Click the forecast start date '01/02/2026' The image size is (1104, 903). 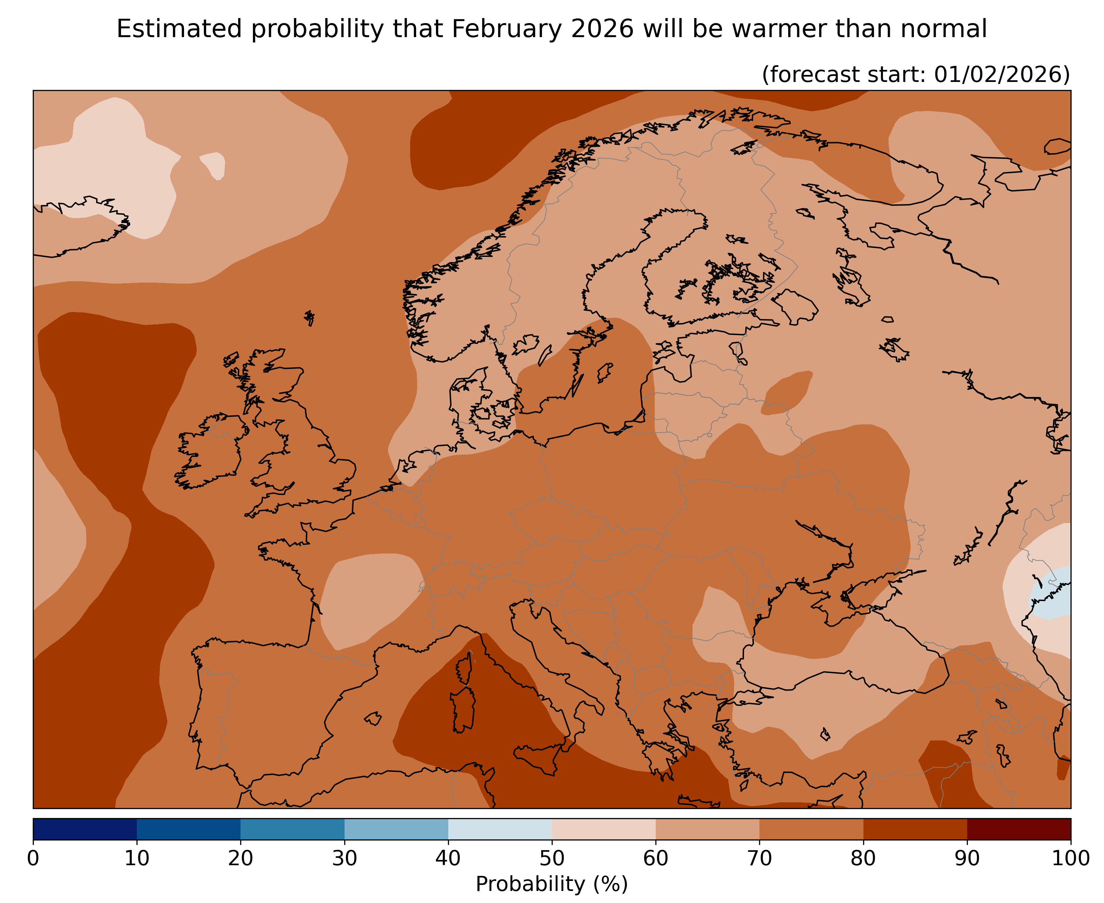pyautogui.click(x=1002, y=74)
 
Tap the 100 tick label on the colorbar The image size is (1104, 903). pyautogui.click(x=1070, y=858)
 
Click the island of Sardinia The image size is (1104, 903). pyautogui.click(x=463, y=709)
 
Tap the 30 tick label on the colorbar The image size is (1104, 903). pyautogui.click(x=345, y=858)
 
